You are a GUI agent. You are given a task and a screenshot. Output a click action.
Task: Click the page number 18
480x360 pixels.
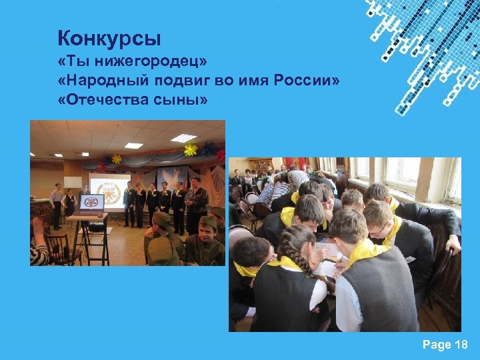[x=460, y=345]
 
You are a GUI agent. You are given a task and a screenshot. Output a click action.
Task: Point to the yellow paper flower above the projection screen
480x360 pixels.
[x=117, y=159]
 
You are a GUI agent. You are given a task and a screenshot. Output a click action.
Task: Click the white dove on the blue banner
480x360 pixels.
[x=170, y=175]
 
